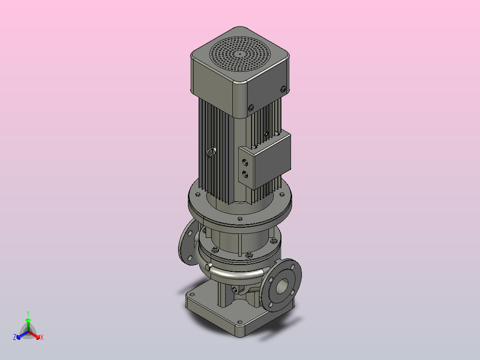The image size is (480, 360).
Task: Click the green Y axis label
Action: [x=28, y=313]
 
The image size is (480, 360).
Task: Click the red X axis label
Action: [x=42, y=337]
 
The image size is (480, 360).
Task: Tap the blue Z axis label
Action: [x=15, y=337]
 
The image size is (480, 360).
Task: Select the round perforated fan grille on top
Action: [x=240, y=54]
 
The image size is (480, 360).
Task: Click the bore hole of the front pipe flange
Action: [x=282, y=286]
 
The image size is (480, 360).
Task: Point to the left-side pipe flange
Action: [x=187, y=242]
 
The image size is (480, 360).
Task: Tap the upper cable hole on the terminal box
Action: [x=245, y=162]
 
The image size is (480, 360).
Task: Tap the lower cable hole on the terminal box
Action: [x=245, y=175]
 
